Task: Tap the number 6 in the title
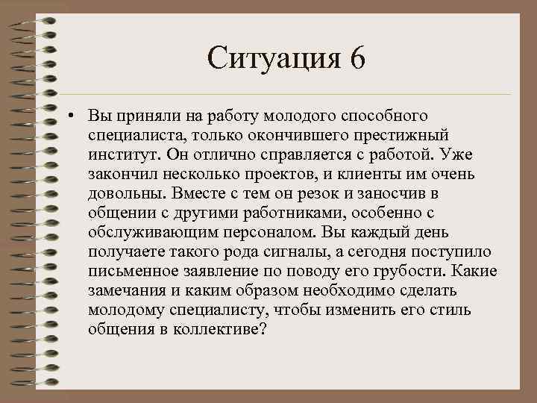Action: coord(356,57)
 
